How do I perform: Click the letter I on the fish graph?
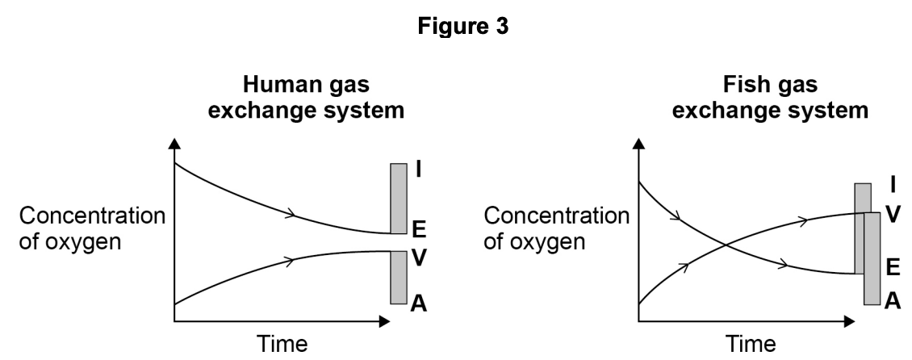point(892,185)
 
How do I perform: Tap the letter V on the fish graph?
point(892,213)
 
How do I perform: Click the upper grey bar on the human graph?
point(398,198)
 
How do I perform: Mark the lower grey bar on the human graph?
point(398,277)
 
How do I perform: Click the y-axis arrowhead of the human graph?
point(174,145)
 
